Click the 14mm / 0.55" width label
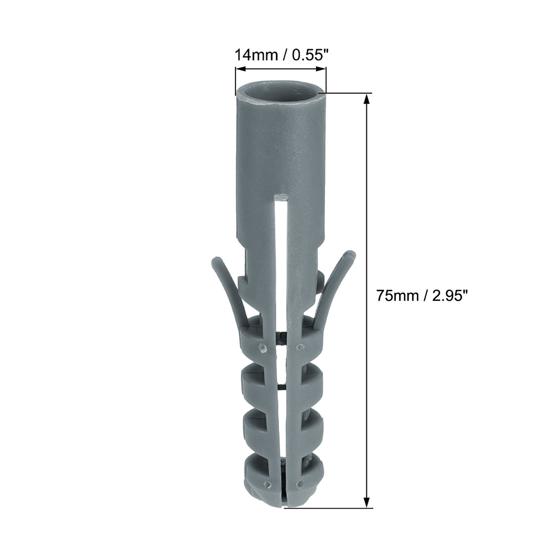click(x=281, y=55)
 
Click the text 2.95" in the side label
click(x=449, y=296)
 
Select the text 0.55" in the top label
click(x=310, y=55)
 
